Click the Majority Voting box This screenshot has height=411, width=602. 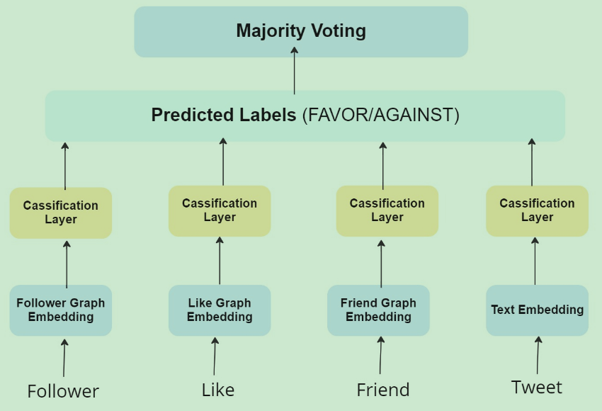[301, 32]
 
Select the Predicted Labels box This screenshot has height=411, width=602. [305, 116]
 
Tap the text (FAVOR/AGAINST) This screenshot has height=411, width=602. [381, 116]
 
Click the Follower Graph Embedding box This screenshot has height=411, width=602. [61, 310]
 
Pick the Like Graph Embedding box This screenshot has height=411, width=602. [220, 310]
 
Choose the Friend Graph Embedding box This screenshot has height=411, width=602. [379, 310]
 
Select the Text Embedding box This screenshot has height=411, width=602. [537, 310]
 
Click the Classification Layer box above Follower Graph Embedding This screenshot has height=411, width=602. [61, 213]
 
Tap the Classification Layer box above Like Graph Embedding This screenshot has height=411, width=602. [220, 211]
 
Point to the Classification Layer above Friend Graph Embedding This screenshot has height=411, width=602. [387, 211]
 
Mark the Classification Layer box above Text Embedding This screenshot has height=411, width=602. [537, 211]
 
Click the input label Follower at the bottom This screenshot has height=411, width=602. [63, 391]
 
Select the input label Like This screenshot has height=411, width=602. [218, 390]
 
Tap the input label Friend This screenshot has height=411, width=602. [383, 390]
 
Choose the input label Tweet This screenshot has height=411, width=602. [537, 387]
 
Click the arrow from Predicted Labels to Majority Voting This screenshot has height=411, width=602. [295, 71]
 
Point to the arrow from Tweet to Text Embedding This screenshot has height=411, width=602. [538, 355]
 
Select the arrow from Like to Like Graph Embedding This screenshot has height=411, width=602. [215, 356]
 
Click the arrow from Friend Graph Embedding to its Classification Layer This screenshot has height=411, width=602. [381, 264]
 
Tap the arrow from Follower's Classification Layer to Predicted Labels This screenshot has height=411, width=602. [65, 166]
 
